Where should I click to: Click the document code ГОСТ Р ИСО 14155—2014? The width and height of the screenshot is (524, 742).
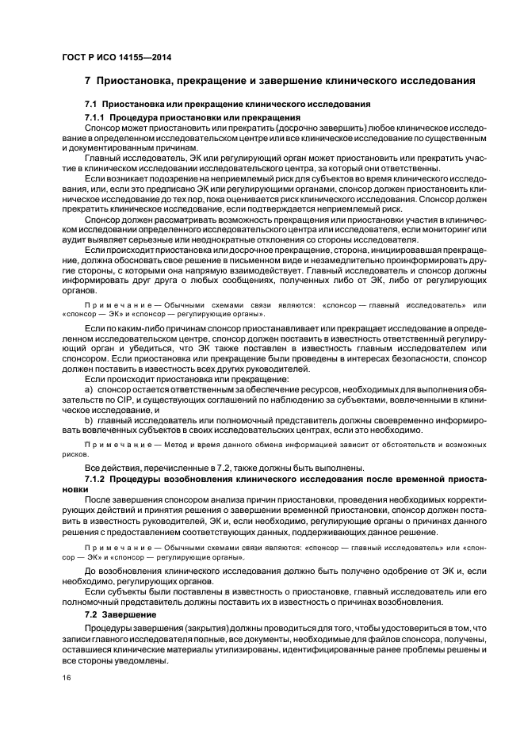117,57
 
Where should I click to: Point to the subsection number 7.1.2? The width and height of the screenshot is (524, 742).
95,480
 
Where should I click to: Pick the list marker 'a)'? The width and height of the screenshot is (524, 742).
90,391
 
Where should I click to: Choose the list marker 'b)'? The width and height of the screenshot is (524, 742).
90,419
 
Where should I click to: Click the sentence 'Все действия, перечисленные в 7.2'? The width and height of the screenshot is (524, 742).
159,469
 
